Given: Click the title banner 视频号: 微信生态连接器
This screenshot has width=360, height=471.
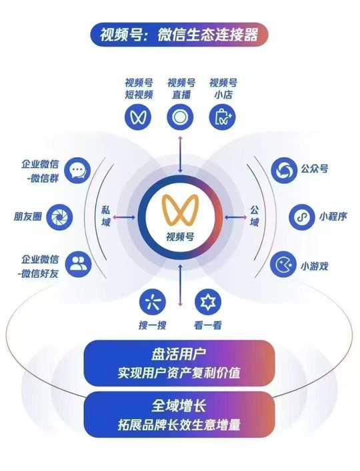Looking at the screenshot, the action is [x=179, y=35].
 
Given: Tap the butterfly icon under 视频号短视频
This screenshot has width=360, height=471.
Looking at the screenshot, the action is [x=138, y=117].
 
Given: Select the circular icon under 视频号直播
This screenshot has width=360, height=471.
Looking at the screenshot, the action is [x=180, y=117].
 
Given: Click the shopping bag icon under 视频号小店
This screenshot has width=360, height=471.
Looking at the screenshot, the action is [x=223, y=117].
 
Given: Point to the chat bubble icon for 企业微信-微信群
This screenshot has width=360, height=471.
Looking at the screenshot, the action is [x=77, y=171].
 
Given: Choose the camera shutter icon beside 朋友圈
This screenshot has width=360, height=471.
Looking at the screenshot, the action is [x=59, y=217].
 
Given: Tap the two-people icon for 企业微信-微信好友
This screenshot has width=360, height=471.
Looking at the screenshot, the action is [x=78, y=264].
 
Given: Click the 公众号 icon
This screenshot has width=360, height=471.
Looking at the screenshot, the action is [x=284, y=170].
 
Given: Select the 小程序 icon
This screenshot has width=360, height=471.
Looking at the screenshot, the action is [x=302, y=217].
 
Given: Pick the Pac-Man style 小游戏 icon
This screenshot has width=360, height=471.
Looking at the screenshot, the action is [x=283, y=264].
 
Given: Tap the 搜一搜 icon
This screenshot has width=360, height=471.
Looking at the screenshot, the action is [x=153, y=302].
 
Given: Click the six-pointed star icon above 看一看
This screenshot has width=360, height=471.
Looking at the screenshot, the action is [x=207, y=302].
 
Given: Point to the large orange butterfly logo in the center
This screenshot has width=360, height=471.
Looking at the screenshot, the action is [x=180, y=210].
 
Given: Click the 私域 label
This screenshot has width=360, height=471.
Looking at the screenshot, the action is [x=106, y=217].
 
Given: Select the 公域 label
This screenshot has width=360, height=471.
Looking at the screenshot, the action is [x=254, y=217].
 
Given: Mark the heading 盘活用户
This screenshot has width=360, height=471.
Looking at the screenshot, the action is [x=179, y=355].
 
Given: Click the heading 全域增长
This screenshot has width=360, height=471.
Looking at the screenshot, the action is [x=179, y=406].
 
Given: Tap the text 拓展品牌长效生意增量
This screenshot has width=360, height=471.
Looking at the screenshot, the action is [x=179, y=425].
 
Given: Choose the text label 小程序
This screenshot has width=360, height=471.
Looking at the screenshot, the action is [x=333, y=217].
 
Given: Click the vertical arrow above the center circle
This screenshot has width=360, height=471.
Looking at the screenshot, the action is [x=180, y=154].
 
